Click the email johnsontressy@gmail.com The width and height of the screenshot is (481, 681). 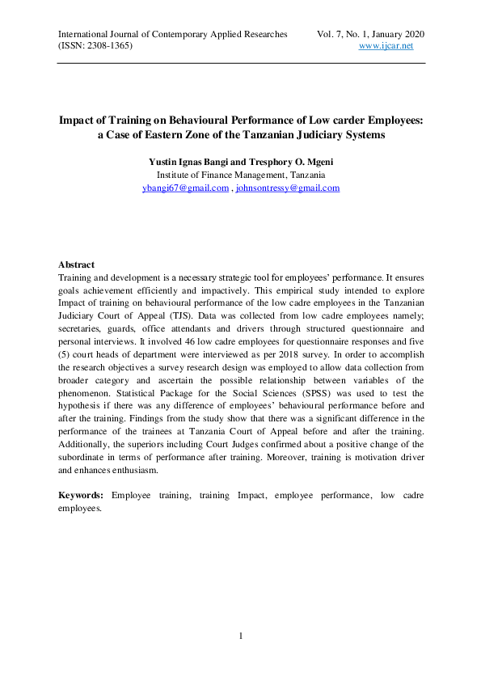tap(287, 188)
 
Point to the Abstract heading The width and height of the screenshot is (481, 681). tap(77, 264)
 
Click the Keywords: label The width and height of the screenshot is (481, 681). tap(82, 493)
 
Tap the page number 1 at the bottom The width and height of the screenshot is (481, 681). tap(241, 635)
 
